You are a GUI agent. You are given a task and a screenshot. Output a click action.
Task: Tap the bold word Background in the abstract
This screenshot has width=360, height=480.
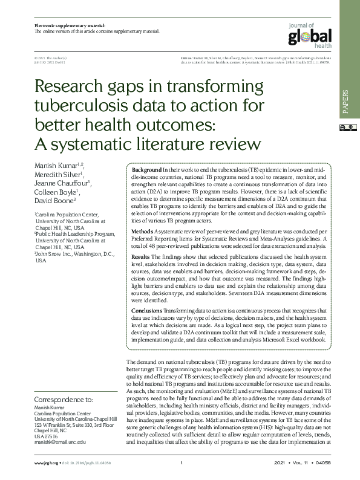pos(146,170)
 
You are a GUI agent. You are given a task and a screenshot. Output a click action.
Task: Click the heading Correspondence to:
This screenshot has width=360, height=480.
pos(64,400)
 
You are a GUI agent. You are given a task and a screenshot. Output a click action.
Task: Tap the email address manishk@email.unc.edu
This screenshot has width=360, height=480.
pos(61,441)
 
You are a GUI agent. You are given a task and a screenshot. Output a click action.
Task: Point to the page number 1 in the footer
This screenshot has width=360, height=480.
pos(182,463)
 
